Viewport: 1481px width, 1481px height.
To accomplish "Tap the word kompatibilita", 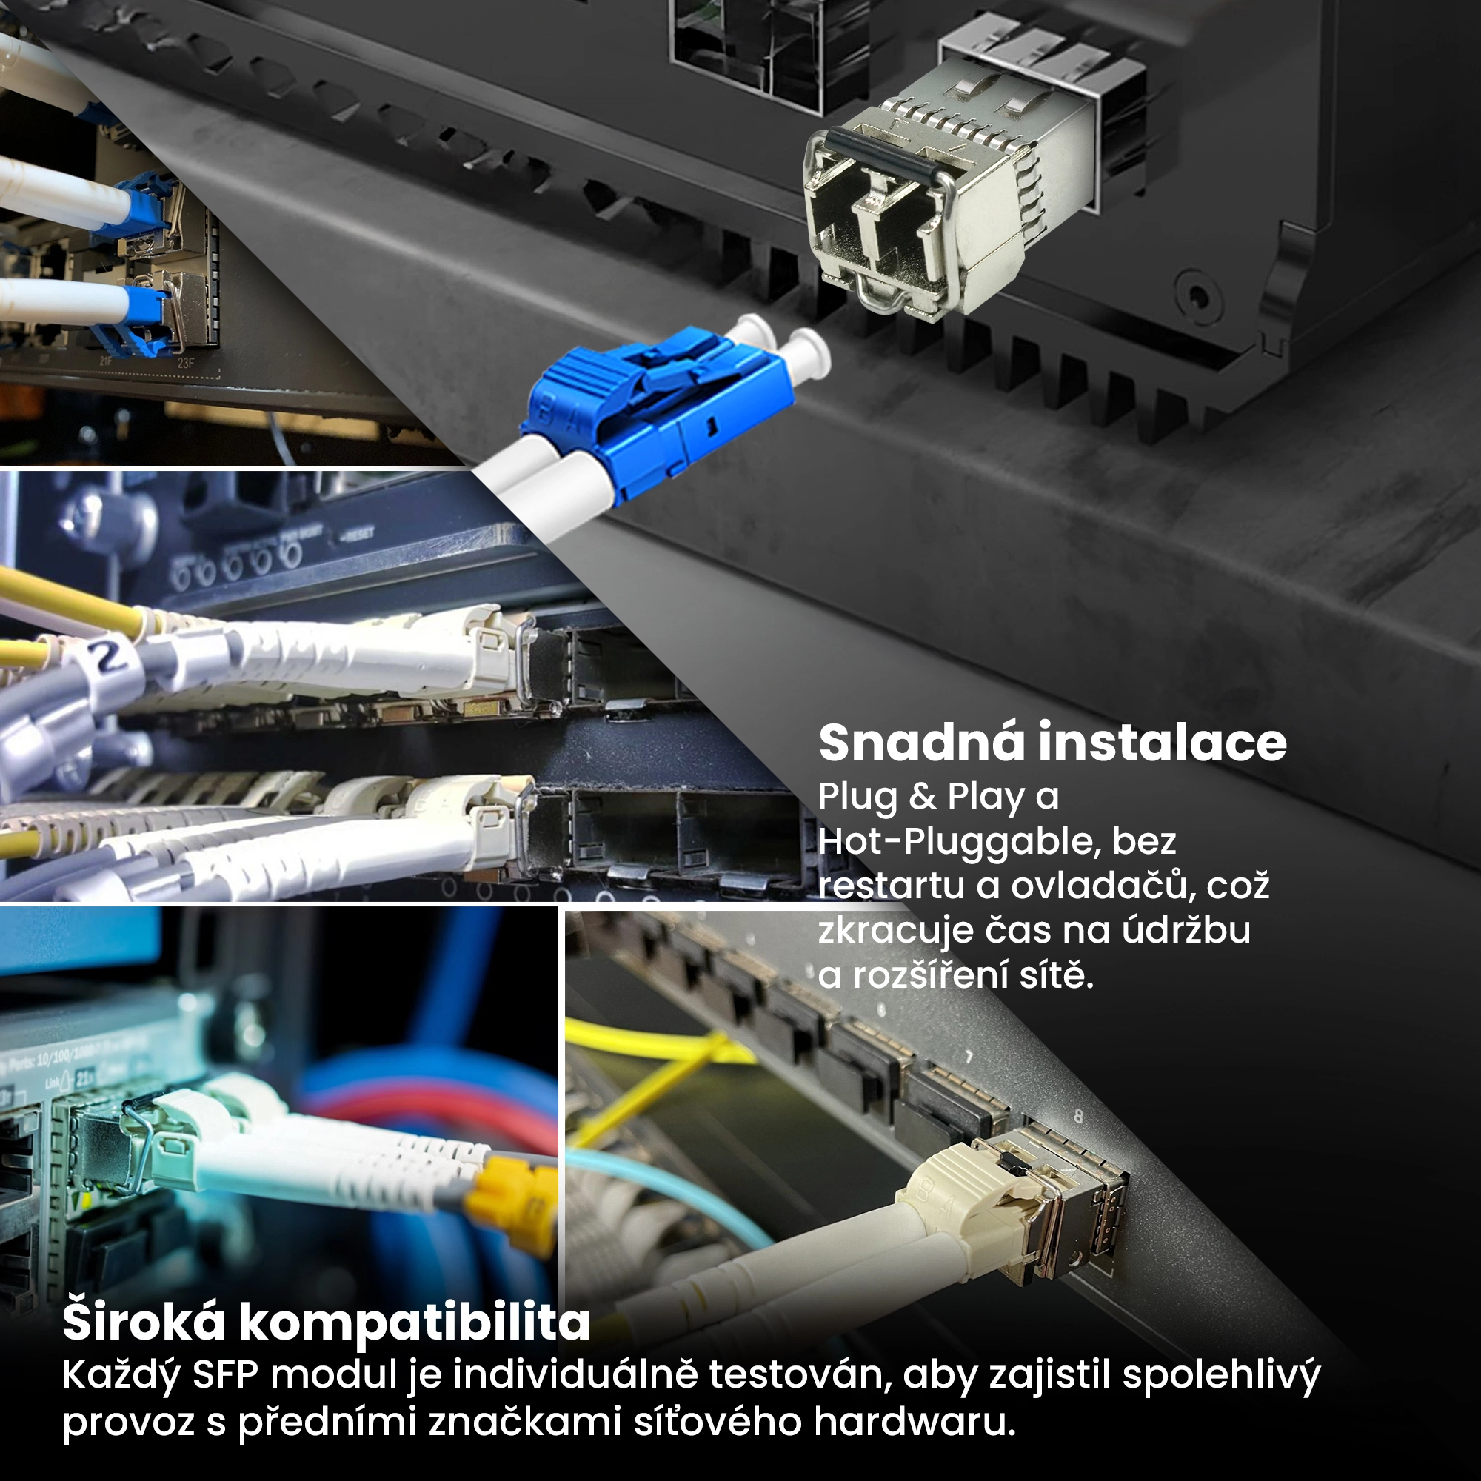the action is coord(415,1323).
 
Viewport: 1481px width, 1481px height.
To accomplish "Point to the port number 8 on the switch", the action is coord(1079,1116).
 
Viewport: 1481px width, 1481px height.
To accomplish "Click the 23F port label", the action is coord(186,362).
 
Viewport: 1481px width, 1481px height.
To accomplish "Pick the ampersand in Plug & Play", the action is coord(922,797).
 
